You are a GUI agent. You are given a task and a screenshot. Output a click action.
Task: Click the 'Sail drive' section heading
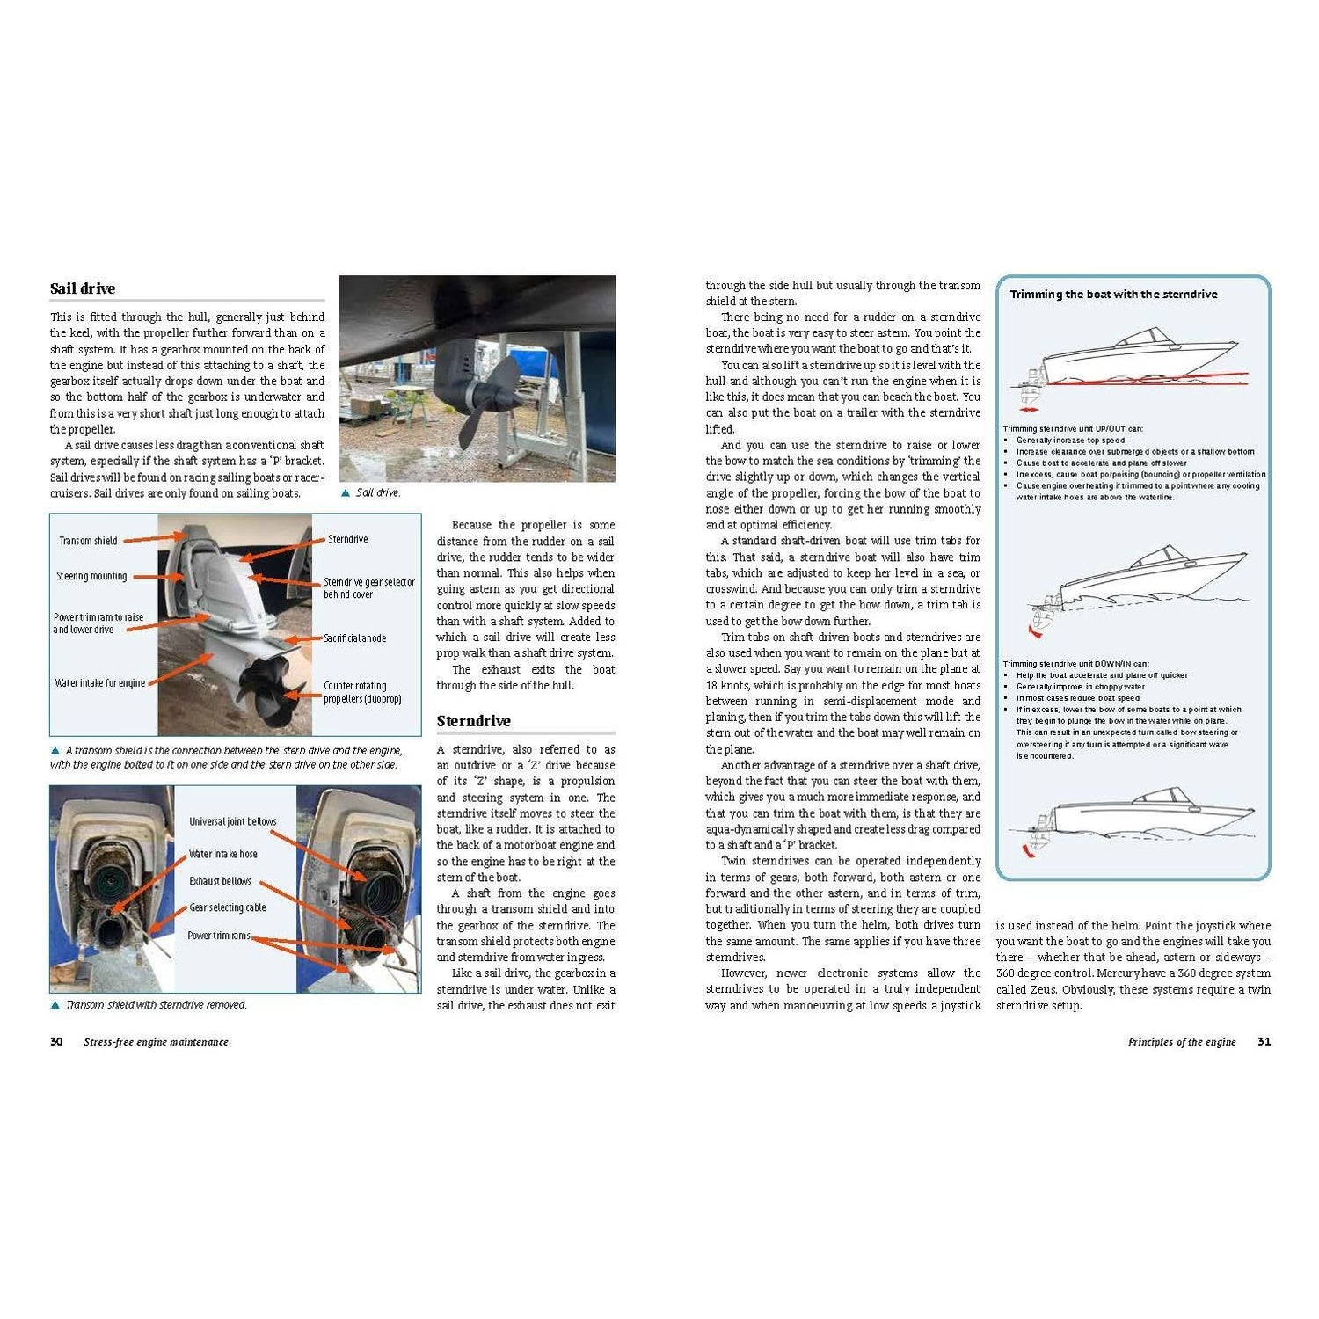point(83,288)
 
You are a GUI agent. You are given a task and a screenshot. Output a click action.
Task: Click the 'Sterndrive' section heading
point(473,721)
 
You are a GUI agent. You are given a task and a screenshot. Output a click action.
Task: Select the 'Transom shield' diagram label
point(88,541)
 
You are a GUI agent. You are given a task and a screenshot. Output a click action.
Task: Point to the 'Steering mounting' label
point(91,577)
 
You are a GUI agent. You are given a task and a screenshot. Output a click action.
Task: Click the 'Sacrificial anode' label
point(354,638)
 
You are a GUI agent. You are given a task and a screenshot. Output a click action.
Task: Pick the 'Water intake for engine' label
point(99,683)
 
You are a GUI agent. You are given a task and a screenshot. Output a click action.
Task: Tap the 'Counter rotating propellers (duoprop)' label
point(361,692)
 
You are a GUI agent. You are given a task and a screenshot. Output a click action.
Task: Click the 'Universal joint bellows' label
point(232,821)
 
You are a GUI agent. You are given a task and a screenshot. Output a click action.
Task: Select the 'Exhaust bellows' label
point(220,881)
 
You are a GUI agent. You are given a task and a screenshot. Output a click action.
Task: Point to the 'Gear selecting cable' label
point(227,907)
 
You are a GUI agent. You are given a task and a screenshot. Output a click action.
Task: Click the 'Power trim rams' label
point(218,936)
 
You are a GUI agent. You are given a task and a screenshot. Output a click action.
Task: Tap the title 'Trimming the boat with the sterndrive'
point(1113,295)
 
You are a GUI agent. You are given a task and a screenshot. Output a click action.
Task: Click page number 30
point(56,1042)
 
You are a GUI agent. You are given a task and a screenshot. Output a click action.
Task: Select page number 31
point(1264,1042)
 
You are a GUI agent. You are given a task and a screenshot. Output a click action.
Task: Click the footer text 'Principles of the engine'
point(1181,1042)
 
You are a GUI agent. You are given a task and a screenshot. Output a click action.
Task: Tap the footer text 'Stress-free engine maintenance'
point(156,1042)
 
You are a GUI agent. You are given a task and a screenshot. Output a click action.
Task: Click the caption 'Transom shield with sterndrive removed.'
point(157,1005)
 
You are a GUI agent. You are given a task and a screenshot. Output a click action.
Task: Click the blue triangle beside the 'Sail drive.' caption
point(346,493)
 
